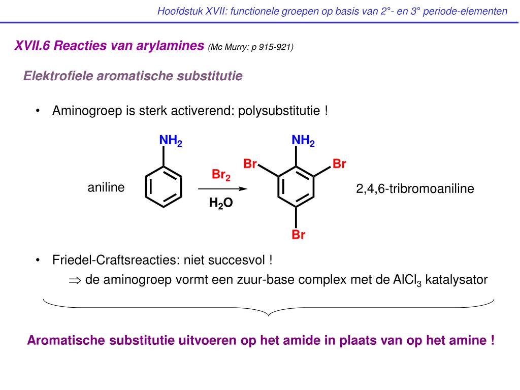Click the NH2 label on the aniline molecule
click(171, 141)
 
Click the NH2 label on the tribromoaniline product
click(303, 141)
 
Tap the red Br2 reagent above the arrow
click(221, 176)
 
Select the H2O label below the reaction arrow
click(221, 204)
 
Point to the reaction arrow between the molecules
click(222, 189)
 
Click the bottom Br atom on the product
click(298, 235)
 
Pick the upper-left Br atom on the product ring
click(250, 164)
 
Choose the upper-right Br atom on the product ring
click(339, 164)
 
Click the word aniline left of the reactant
click(106, 188)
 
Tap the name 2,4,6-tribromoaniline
click(415, 189)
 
